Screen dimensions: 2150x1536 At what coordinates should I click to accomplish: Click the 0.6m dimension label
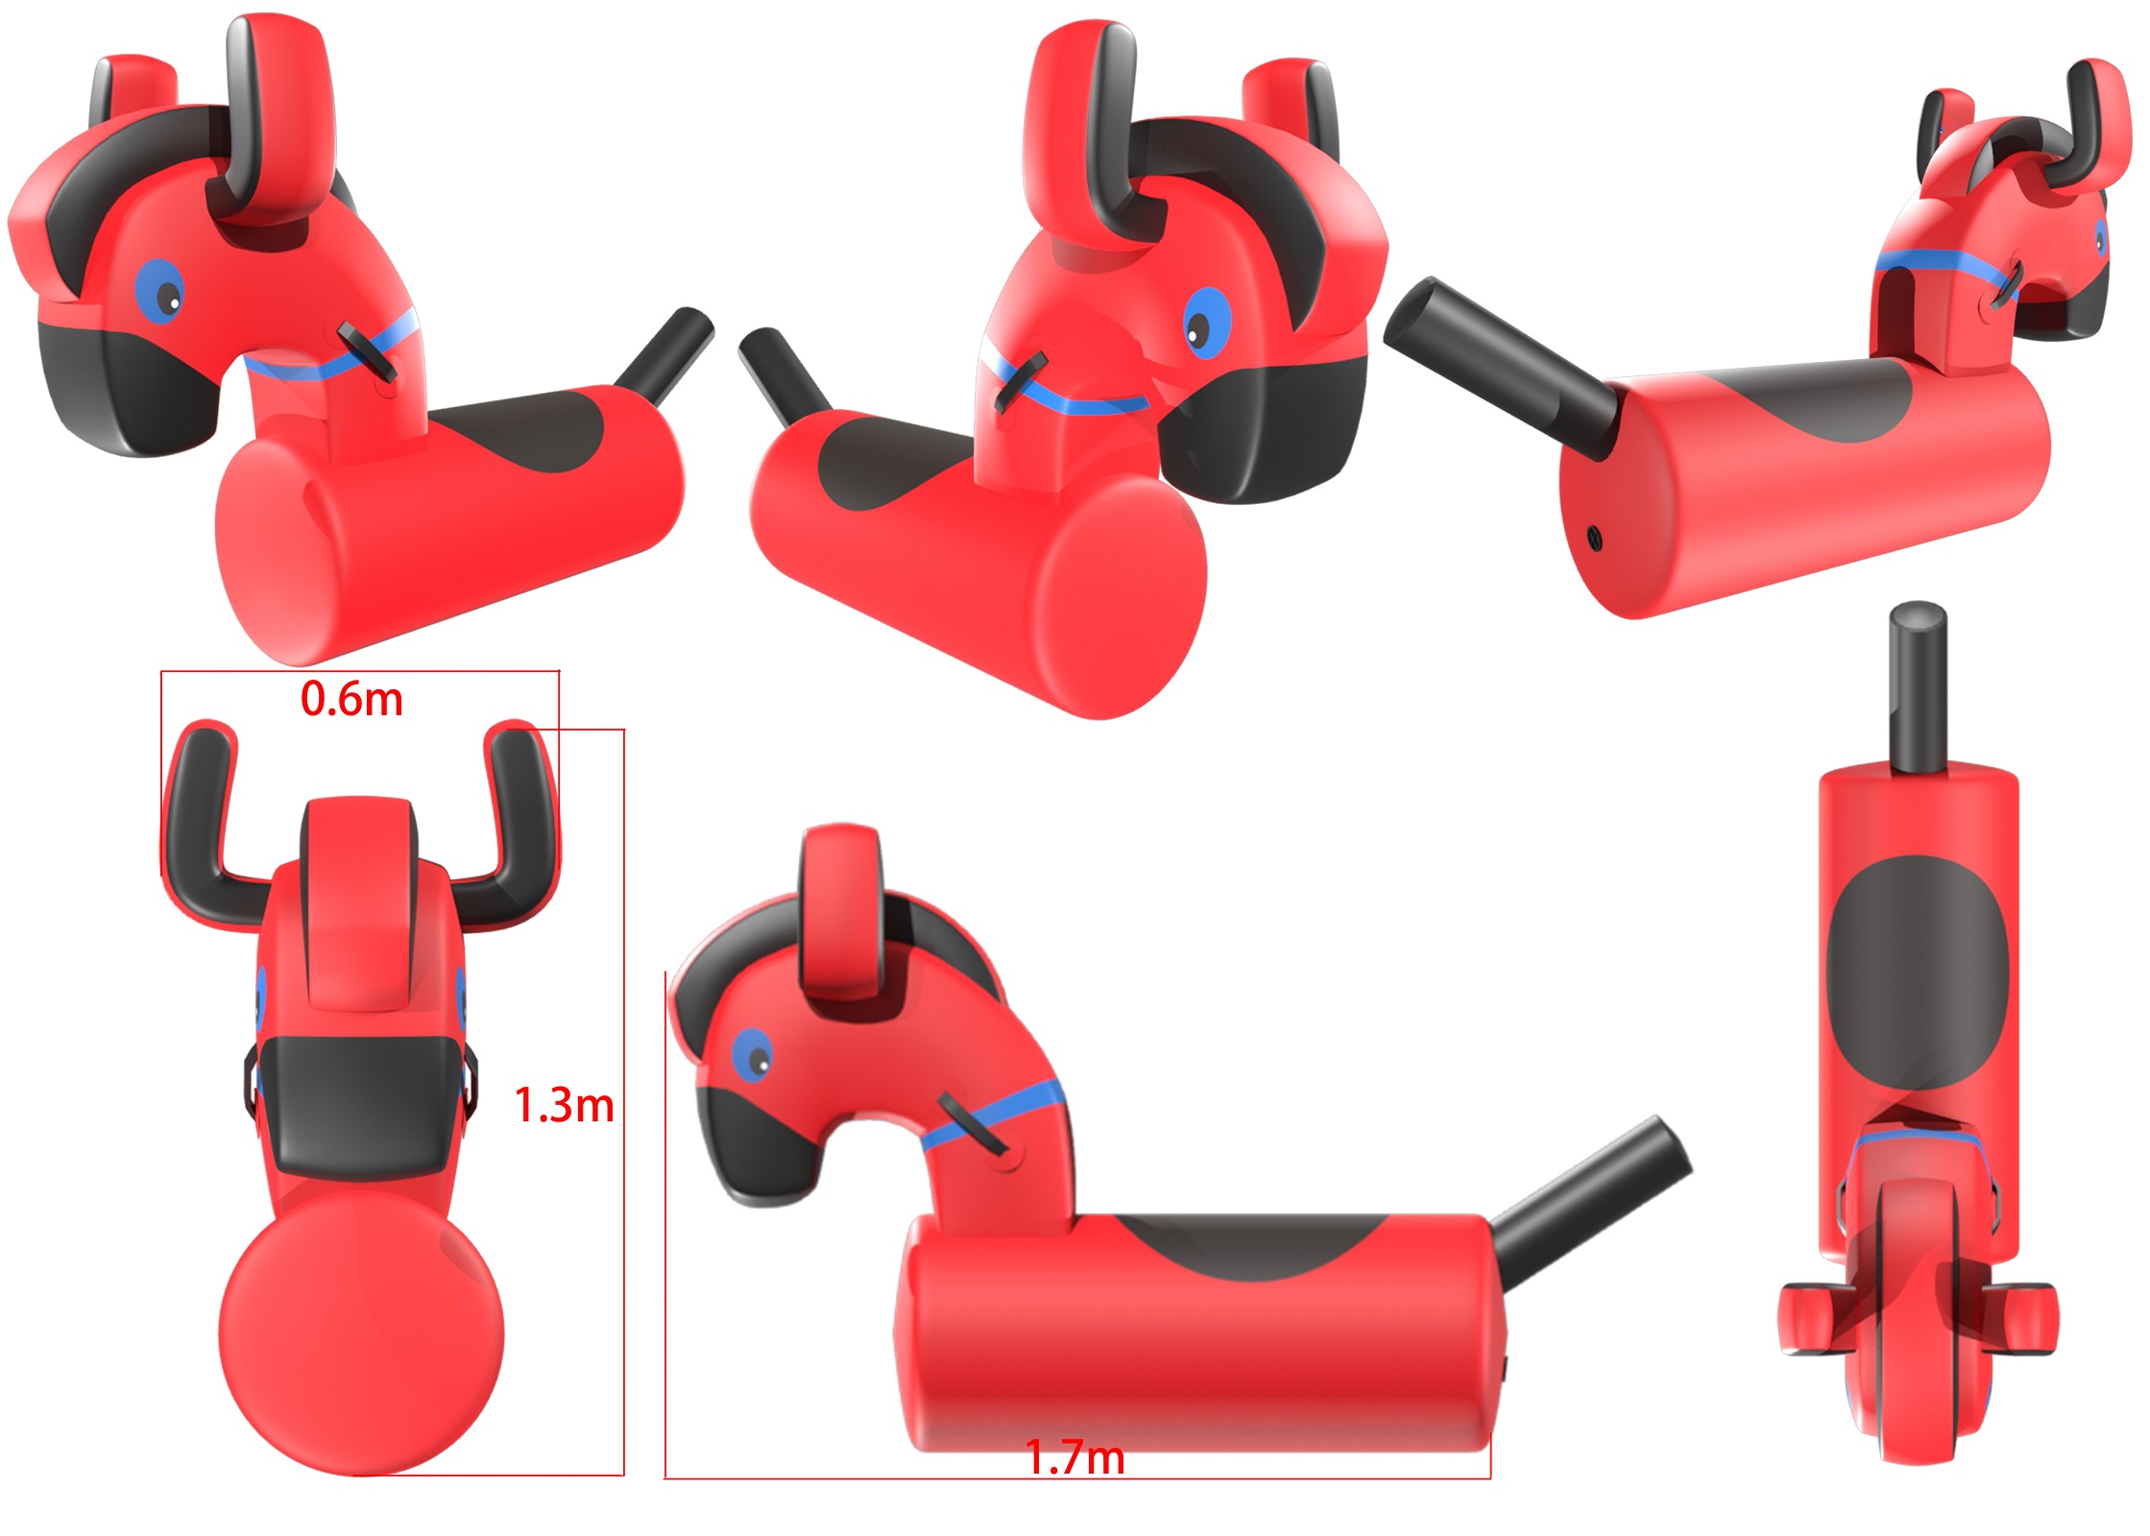click(x=351, y=699)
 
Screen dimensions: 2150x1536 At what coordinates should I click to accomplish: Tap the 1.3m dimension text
click(x=565, y=1105)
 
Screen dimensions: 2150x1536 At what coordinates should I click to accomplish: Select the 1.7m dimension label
click(x=1075, y=1457)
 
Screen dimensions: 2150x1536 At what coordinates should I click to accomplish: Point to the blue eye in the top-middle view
click(x=1206, y=323)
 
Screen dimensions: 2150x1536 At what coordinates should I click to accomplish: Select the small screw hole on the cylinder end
click(x=1595, y=539)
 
